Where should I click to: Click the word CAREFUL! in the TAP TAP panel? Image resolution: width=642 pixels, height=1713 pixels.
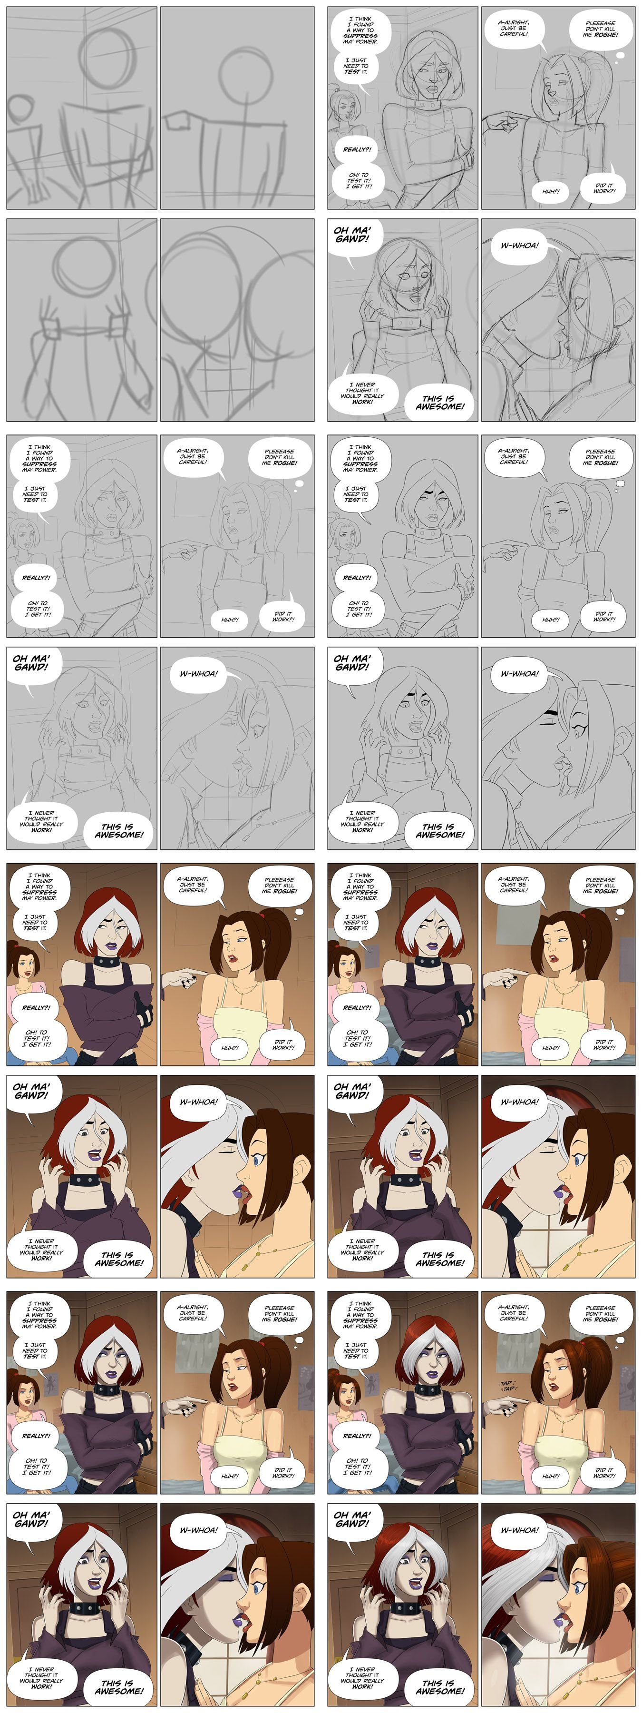(x=514, y=1319)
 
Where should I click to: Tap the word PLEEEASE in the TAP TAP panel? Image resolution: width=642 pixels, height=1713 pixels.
(x=600, y=1308)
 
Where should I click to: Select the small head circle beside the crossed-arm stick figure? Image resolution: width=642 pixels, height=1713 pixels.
(x=19, y=110)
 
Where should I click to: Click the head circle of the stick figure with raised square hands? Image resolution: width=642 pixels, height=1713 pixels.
(x=84, y=266)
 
